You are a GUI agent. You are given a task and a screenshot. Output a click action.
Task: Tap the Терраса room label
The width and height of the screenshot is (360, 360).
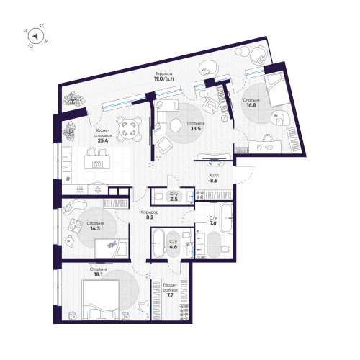[162, 73]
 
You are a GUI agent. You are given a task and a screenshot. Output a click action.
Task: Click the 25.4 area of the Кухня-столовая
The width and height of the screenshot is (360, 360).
[102, 140]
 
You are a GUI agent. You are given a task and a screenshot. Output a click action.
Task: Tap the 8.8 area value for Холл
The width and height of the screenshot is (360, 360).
[214, 182]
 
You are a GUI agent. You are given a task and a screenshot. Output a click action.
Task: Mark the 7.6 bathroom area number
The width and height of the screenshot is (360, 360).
[213, 223]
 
